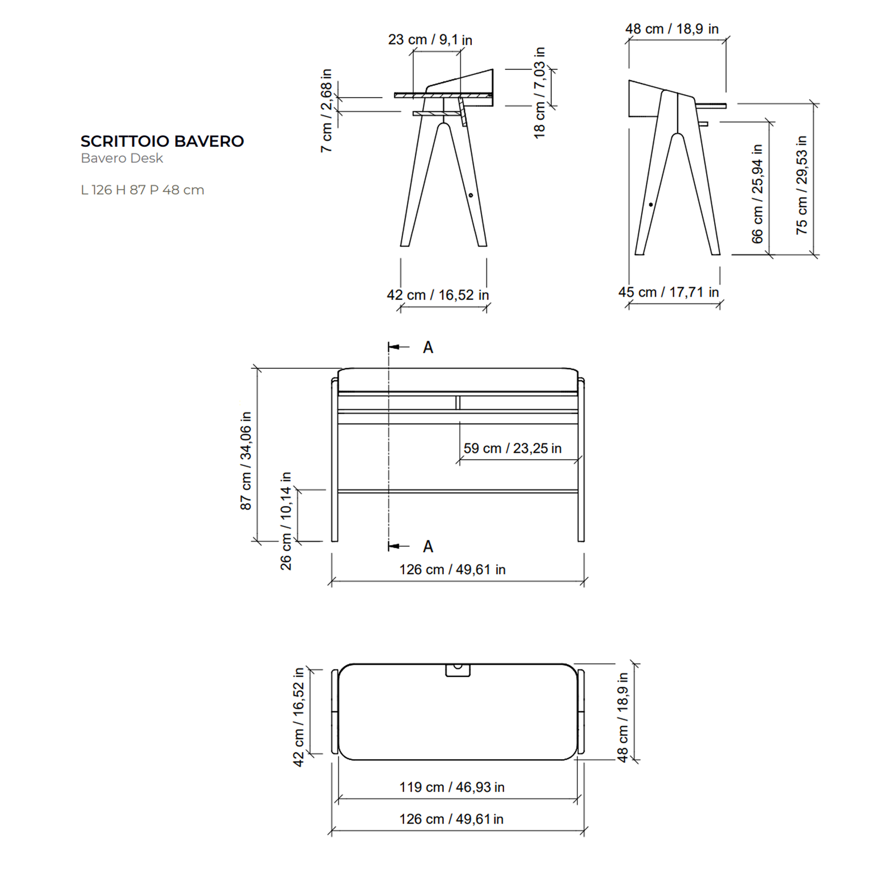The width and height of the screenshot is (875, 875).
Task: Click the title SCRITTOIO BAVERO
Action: click(x=162, y=141)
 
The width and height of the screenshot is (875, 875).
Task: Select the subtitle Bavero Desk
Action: click(x=122, y=158)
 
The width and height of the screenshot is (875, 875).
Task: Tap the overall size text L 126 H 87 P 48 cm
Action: click(x=142, y=190)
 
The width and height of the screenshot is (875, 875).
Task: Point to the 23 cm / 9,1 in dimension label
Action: click(x=430, y=40)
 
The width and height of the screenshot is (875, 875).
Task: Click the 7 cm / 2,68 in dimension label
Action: click(x=326, y=111)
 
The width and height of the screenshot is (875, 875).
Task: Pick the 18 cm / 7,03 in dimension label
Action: click(x=539, y=93)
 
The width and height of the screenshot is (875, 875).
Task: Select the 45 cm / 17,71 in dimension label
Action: click(x=668, y=292)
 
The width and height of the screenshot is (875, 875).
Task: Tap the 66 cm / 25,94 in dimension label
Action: click(x=757, y=194)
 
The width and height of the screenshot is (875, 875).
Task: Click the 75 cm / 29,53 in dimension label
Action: click(x=801, y=185)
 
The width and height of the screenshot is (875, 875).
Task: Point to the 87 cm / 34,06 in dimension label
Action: click(x=245, y=461)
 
